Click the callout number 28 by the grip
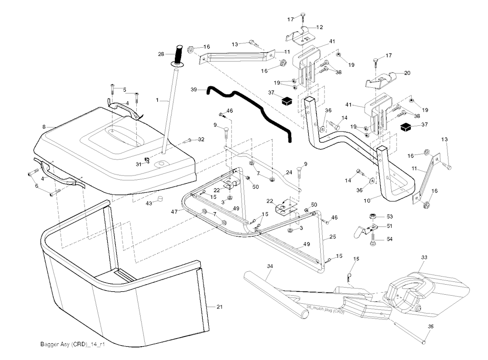click(x=161, y=54)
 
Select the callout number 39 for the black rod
click(x=193, y=89)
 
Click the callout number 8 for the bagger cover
click(x=43, y=127)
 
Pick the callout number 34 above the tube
click(x=270, y=266)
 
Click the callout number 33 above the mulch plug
click(x=424, y=257)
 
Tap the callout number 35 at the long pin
click(x=431, y=327)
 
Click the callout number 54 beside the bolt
click(x=389, y=239)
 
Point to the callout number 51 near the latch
click(x=389, y=226)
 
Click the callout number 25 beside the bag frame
click(x=333, y=237)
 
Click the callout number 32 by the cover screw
click(x=201, y=139)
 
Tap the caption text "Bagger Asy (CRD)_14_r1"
click(x=72, y=344)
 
